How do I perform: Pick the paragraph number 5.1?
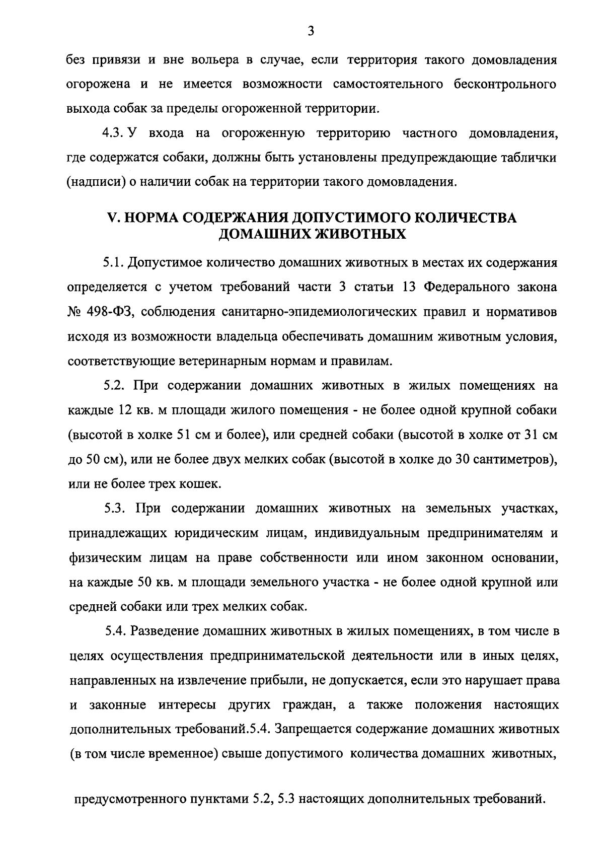[113, 263]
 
